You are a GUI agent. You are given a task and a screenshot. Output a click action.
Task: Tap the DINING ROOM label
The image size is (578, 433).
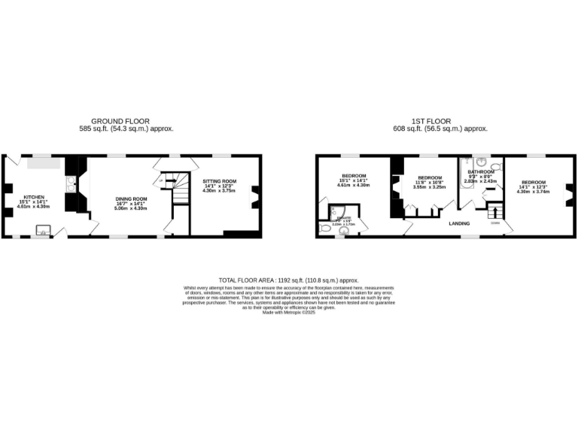click(x=130, y=198)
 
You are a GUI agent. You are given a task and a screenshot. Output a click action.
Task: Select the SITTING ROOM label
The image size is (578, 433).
click(x=219, y=181)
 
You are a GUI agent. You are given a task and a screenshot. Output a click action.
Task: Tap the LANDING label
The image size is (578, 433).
click(x=459, y=223)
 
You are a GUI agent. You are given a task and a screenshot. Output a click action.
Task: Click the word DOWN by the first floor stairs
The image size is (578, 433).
click(x=494, y=223)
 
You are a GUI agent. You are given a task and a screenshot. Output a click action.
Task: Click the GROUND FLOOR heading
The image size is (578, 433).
click(x=120, y=121)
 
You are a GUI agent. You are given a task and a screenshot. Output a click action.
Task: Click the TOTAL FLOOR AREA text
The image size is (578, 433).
click(x=288, y=279)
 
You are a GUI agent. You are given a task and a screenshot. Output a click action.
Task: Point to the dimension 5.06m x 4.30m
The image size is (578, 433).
click(x=130, y=207)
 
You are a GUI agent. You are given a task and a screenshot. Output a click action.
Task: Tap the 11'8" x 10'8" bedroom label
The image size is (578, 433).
click(x=429, y=182)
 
